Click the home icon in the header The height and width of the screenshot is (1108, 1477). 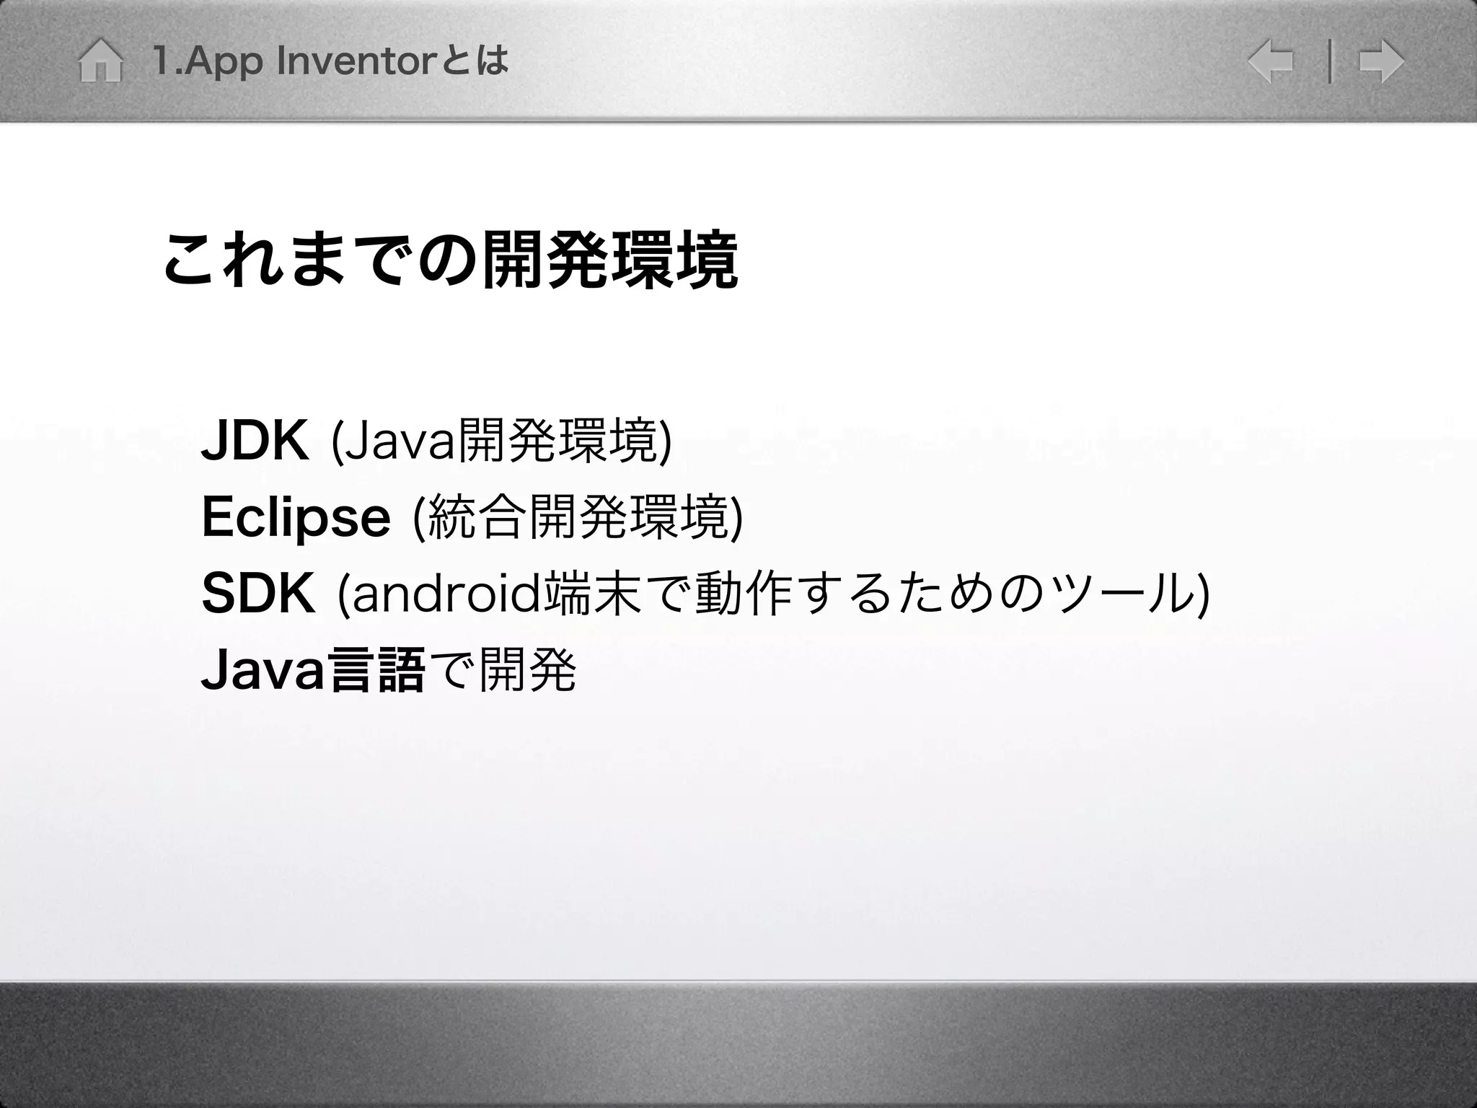100,61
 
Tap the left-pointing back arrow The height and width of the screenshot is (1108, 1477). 1270,61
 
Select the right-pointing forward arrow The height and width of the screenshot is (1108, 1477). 1381,61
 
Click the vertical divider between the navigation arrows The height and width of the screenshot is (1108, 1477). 1329,62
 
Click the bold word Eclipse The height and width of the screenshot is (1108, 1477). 296,517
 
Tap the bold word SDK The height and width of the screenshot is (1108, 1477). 258,594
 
